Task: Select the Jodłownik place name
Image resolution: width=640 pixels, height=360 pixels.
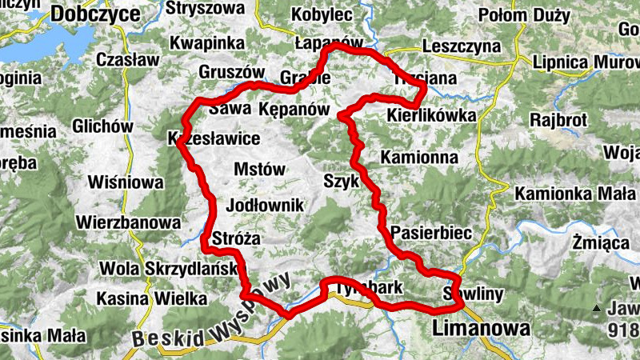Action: (266, 206)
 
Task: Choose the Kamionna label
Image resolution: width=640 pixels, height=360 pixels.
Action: (419, 157)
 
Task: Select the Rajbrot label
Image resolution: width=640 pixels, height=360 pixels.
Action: (558, 120)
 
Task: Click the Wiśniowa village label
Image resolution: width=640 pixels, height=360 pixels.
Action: (124, 182)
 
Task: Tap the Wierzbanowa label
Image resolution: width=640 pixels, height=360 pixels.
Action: (128, 222)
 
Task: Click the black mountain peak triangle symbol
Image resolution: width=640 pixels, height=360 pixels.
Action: (596, 309)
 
